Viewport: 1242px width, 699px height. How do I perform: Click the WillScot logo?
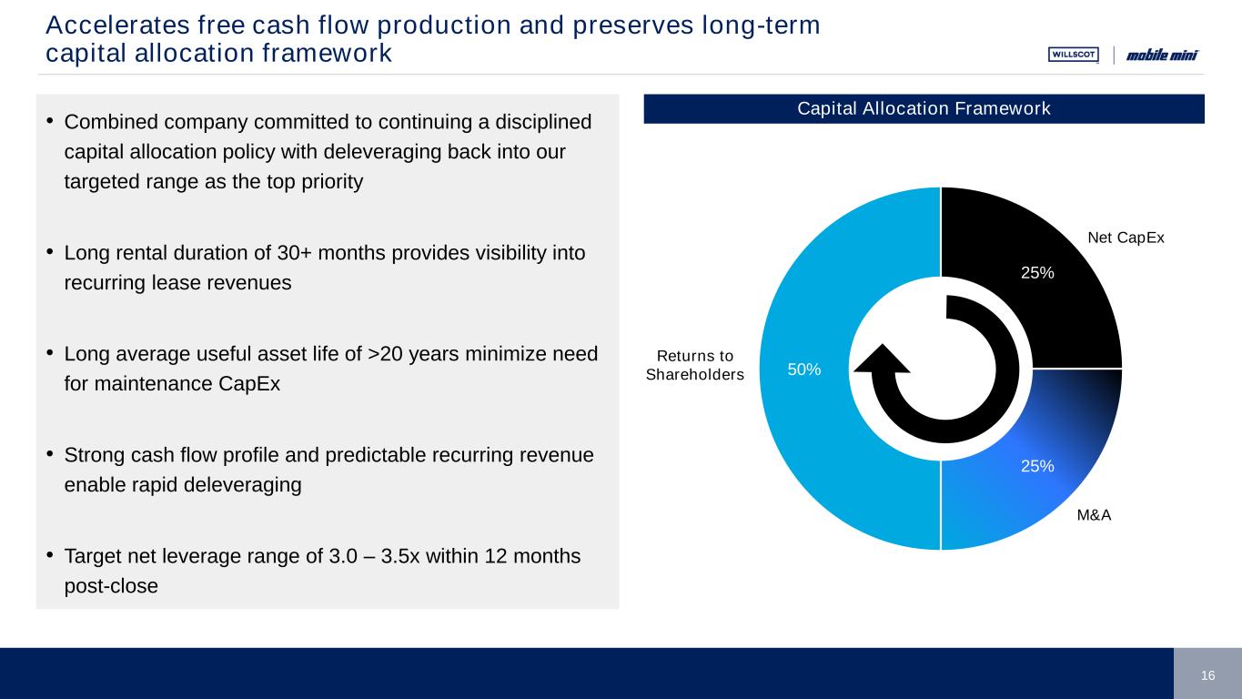1073,55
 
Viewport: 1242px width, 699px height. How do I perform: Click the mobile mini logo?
1162,56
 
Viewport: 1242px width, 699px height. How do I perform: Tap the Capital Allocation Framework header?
924,109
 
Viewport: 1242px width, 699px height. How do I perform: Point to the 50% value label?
804,370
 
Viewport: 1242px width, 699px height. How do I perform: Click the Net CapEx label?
1126,238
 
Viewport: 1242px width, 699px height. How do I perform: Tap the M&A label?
1094,515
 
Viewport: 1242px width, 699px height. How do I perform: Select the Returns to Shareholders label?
694,365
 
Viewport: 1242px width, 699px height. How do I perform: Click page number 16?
1207,674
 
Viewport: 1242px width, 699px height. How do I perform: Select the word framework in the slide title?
328,54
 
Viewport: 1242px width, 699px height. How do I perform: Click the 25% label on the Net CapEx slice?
1037,272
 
